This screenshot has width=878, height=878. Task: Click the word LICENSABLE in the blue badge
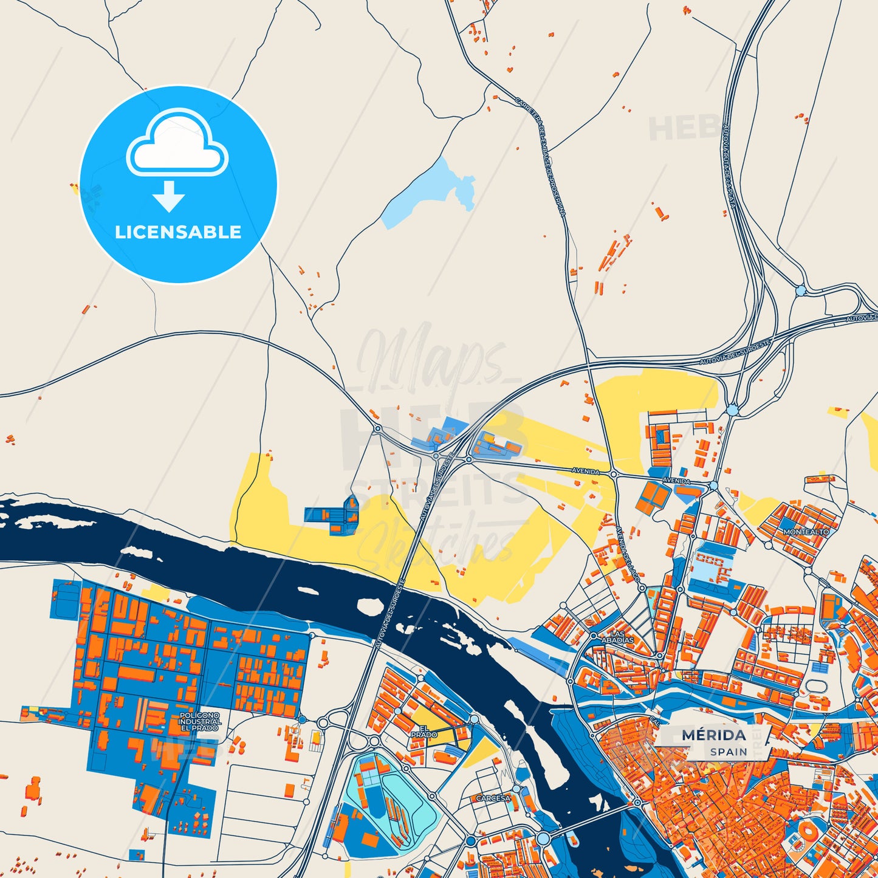point(178,232)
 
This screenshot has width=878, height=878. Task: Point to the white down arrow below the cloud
point(169,196)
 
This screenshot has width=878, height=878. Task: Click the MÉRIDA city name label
point(714,735)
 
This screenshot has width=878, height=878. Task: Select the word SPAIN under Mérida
point(729,752)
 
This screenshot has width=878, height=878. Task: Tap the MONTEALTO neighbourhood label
point(806,532)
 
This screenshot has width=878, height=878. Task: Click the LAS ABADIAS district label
point(617,637)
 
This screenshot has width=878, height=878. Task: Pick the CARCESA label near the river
point(493,798)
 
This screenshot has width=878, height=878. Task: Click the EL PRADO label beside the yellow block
point(424,732)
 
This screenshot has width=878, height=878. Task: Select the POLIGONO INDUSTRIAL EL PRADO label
point(200,721)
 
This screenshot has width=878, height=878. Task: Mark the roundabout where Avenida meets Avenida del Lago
point(614,474)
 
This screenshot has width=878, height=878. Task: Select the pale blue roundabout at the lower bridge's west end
point(543,839)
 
